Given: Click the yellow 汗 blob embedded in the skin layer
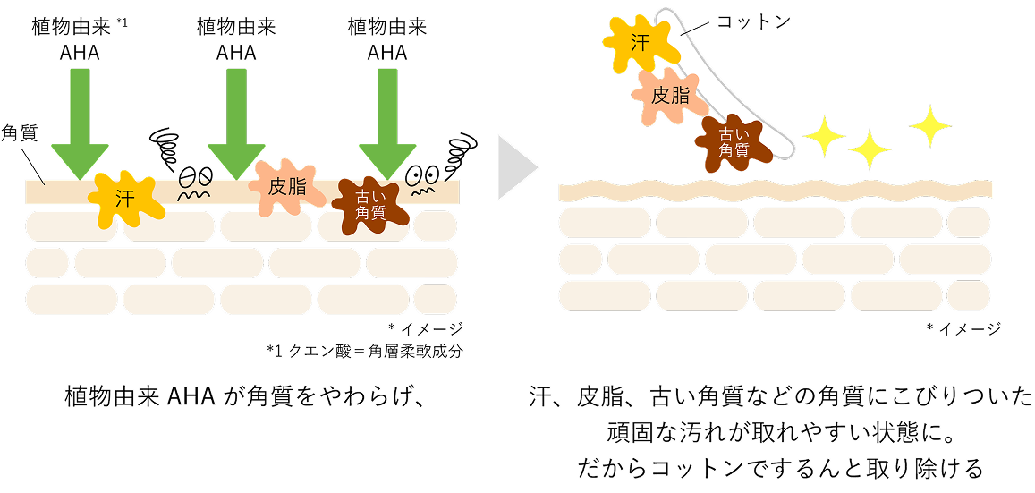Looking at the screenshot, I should point(126,196).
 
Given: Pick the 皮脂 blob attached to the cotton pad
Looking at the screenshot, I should point(670,94).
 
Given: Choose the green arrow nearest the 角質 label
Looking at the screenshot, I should point(79,121).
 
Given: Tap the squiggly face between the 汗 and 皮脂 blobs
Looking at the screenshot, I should point(196,178).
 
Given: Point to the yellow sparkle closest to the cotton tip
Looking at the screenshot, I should point(824,136).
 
